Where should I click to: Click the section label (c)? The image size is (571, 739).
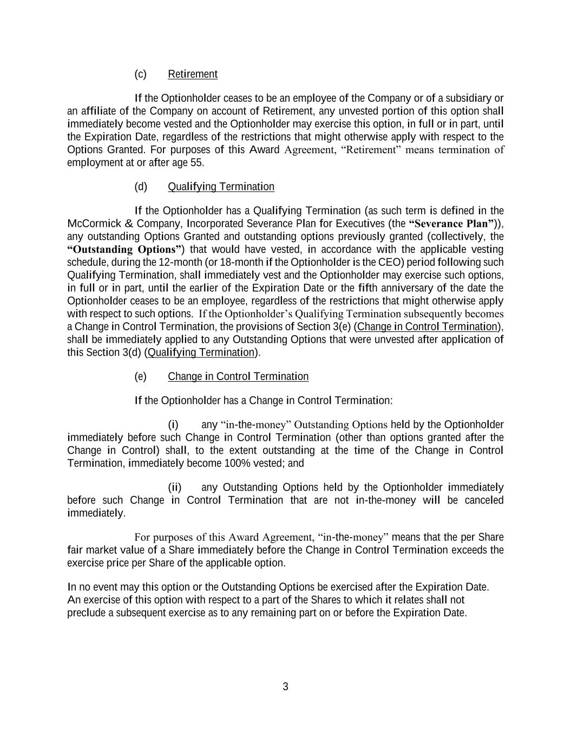point(140,74)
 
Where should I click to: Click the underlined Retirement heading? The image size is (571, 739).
point(193,74)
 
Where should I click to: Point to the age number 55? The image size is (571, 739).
point(197,162)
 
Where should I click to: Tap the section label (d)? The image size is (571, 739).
point(140,187)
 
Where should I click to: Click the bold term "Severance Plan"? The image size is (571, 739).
point(452,224)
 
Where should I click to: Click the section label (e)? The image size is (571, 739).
point(140,377)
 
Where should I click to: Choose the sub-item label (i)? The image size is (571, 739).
point(173,424)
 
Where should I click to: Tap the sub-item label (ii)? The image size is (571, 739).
point(175,487)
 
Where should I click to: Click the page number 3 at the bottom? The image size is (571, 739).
point(286,687)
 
